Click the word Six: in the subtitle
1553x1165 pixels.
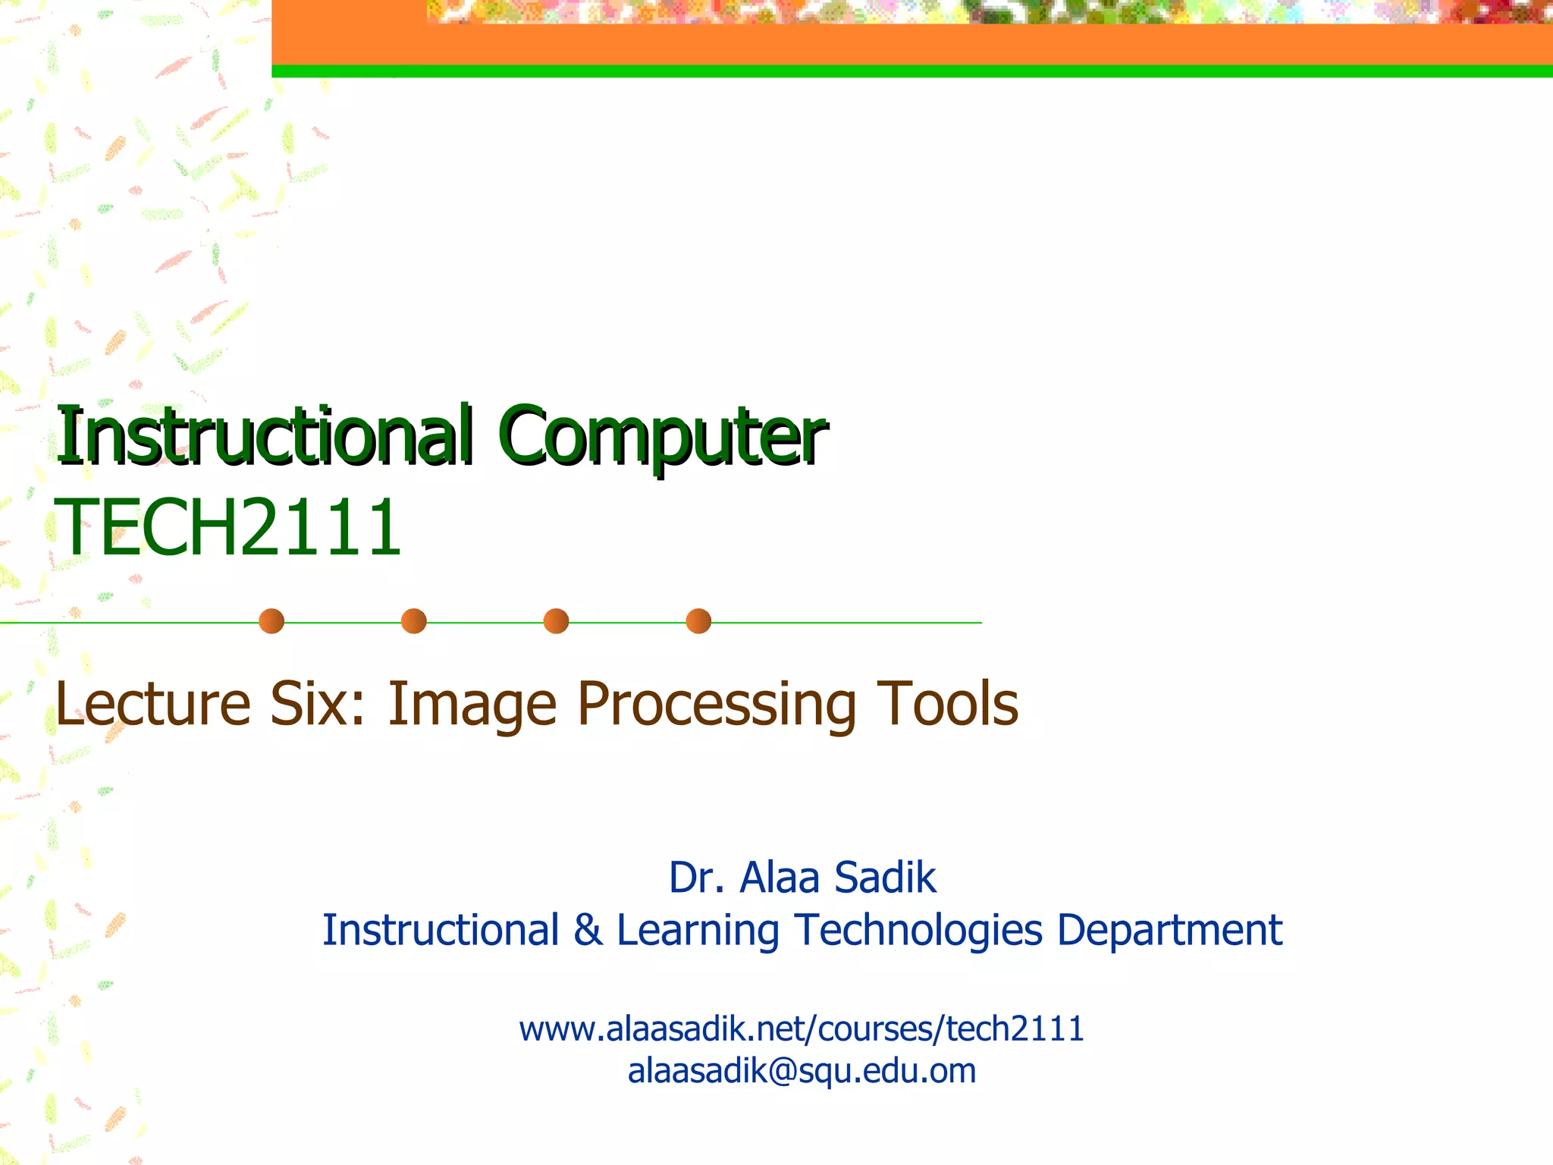pos(318,704)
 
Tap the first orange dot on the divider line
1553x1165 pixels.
pos(271,621)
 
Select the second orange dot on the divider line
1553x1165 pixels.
pos(414,621)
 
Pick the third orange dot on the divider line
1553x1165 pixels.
pos(556,621)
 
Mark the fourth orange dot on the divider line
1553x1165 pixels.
pos(698,621)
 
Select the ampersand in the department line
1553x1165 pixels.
pos(588,930)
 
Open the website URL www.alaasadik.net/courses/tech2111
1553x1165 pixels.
pos(802,1029)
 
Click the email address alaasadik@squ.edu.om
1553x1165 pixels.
pos(802,1071)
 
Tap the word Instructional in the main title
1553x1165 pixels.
pos(265,437)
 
